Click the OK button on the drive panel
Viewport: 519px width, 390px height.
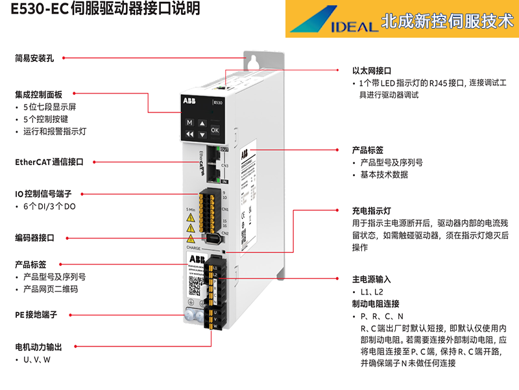215,130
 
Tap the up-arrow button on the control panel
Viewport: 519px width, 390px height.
202,123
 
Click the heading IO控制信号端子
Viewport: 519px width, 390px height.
43,194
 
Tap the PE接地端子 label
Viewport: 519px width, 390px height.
36,315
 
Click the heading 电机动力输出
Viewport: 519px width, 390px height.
39,346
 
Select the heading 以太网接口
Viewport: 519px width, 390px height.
372,70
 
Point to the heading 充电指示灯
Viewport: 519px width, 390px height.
372,211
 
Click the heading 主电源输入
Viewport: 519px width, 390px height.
372,279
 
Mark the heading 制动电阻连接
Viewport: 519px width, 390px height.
376,304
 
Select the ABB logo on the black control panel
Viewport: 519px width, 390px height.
188,101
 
